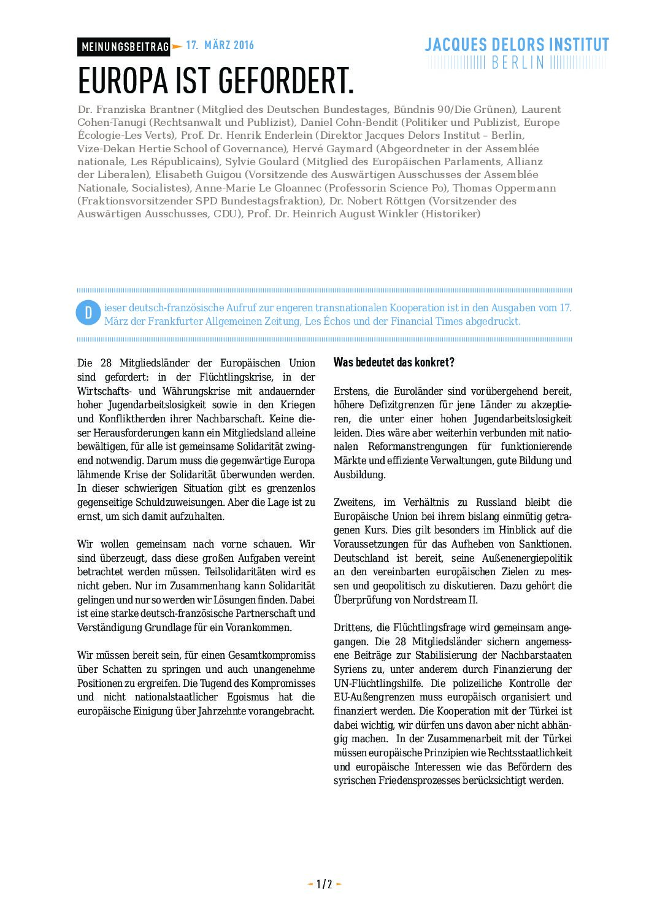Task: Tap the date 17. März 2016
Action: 220,45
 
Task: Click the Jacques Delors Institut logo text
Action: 517,45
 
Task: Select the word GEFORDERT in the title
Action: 285,80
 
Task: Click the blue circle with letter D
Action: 88,313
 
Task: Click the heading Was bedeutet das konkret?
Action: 394,362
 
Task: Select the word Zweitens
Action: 355,502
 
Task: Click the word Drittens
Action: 353,627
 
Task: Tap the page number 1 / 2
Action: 324,884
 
